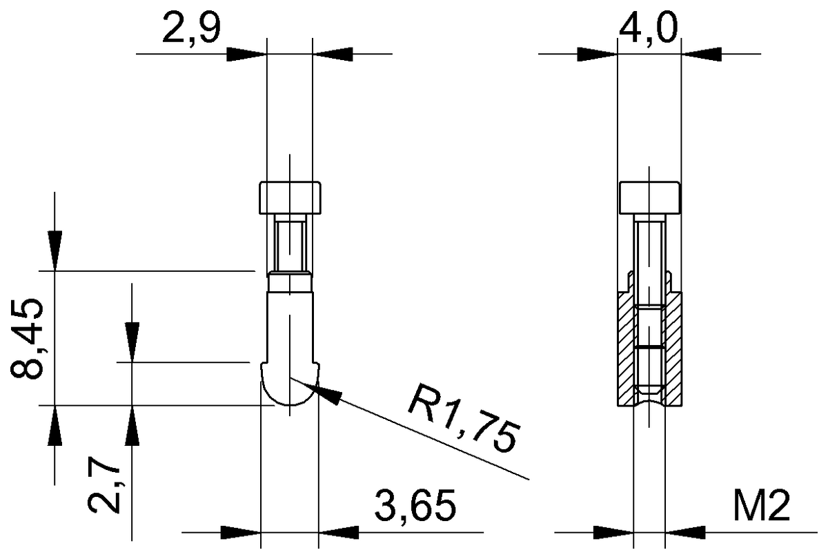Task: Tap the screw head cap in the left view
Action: point(290,198)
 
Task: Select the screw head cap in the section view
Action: point(649,198)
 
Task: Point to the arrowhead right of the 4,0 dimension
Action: point(701,53)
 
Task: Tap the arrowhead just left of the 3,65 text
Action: point(339,533)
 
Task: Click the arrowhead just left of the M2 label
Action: point(686,533)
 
